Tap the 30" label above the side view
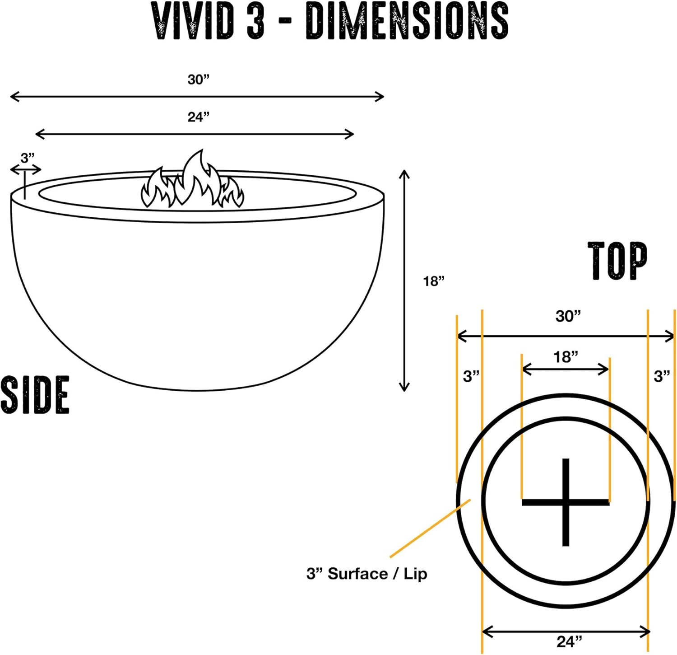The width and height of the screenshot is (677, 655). tap(199, 80)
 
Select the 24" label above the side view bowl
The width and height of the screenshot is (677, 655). tap(199, 117)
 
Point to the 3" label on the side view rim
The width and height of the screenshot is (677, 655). tap(28, 158)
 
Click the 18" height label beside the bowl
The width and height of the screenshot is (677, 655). tap(434, 281)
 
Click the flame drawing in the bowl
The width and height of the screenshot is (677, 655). tap(193, 182)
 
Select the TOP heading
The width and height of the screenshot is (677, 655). tap(617, 261)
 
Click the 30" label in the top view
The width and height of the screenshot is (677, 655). tap(568, 316)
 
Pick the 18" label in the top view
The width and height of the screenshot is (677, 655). tap(566, 357)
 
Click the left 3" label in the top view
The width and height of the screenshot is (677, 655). tap(471, 376)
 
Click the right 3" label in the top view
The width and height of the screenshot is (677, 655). tap(662, 376)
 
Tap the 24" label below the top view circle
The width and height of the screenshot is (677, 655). tap(569, 641)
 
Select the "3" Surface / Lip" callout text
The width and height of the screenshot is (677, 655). tap(366, 574)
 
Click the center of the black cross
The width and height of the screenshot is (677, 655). tap(566, 502)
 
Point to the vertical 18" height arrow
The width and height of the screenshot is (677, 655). tap(404, 280)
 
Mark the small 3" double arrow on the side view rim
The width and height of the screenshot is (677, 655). tap(26, 170)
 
